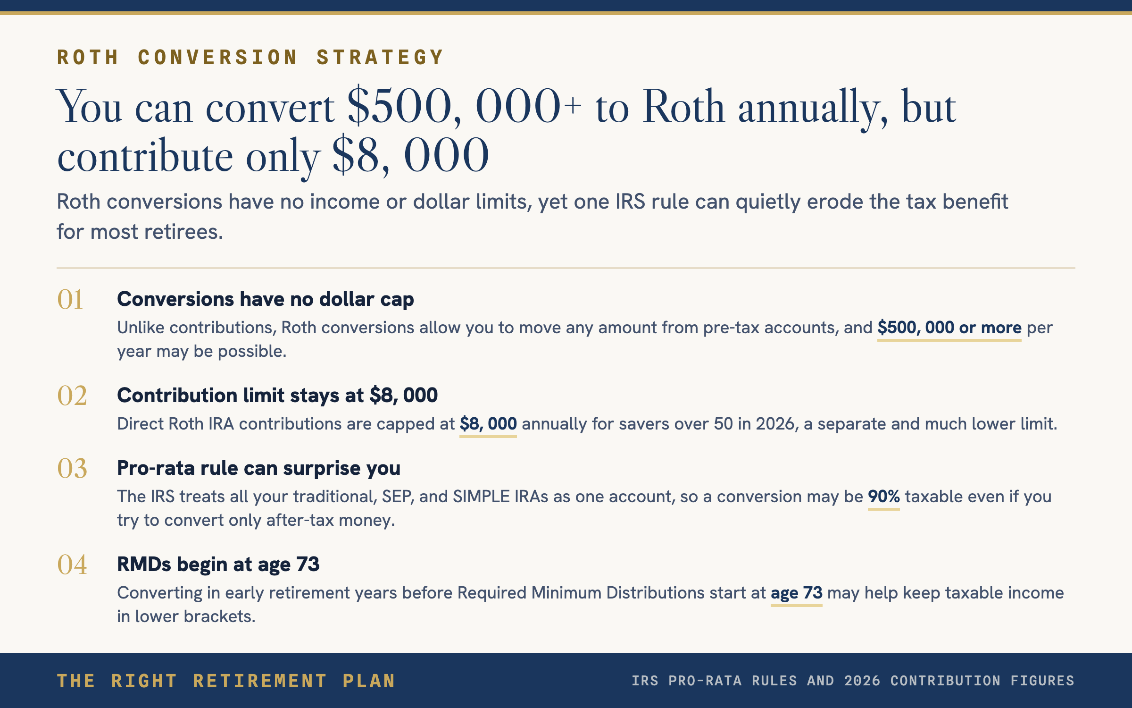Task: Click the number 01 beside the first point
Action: (x=70, y=299)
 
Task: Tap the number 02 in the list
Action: (x=72, y=396)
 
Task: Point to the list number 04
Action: (x=72, y=565)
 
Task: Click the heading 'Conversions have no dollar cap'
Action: (x=266, y=299)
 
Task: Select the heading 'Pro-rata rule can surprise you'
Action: (x=258, y=468)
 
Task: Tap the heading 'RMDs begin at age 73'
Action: (x=218, y=565)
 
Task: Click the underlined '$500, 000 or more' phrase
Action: (x=949, y=328)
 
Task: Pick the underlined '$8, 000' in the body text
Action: (x=488, y=424)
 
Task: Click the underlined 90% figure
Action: (x=884, y=497)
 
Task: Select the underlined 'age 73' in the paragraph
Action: (x=797, y=593)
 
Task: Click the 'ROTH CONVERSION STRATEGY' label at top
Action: (x=250, y=58)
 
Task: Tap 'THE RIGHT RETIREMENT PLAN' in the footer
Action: (x=226, y=681)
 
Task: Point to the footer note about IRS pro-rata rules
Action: (x=853, y=681)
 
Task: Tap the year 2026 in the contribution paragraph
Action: (x=777, y=424)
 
